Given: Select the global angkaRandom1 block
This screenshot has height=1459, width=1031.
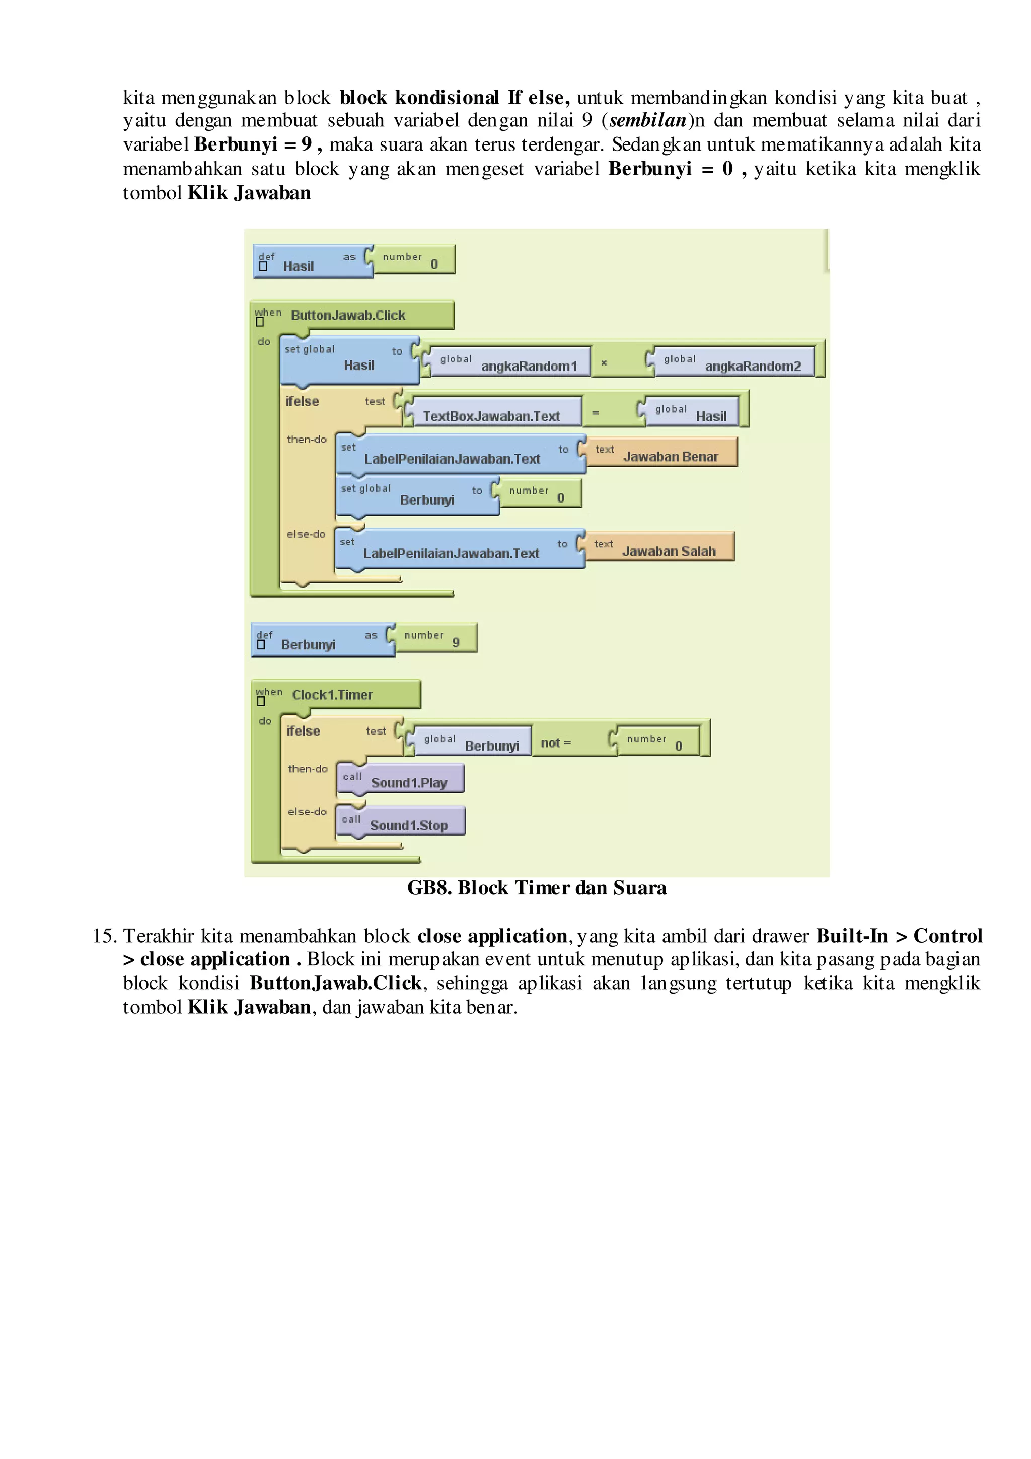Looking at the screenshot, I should point(510,362).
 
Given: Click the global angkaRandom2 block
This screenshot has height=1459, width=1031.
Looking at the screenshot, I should point(733,362).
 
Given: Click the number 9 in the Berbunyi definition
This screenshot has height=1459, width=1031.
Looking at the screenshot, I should point(456,642).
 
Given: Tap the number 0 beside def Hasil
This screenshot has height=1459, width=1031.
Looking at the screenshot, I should point(434,264).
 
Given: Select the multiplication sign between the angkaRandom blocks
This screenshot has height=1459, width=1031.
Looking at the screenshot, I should point(604,363).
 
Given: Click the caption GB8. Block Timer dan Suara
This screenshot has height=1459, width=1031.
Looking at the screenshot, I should point(537,888).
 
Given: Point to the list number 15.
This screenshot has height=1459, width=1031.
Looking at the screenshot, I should point(104,936).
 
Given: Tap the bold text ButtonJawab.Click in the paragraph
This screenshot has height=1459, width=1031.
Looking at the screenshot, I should point(335,983).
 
